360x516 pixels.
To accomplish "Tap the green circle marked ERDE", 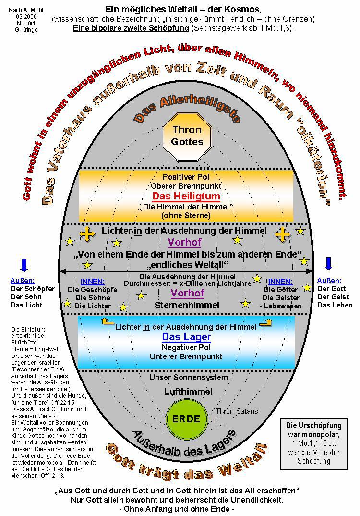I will click(186, 418).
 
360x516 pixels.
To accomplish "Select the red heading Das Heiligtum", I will click(186, 196).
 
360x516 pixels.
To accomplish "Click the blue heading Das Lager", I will click(186, 337).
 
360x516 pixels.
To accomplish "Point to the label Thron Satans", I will click(237, 411).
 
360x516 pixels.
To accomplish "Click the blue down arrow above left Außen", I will click(24, 265).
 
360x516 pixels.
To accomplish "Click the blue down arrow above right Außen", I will click(329, 263).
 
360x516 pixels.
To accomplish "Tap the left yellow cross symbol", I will click(87, 234).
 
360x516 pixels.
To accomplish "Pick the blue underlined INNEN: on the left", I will click(92, 282).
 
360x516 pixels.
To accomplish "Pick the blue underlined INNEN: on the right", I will click(280, 282).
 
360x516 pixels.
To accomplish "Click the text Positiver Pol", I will click(186, 177).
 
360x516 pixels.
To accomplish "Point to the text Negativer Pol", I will click(186, 347).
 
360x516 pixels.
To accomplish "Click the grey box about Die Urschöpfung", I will click(313, 443).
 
